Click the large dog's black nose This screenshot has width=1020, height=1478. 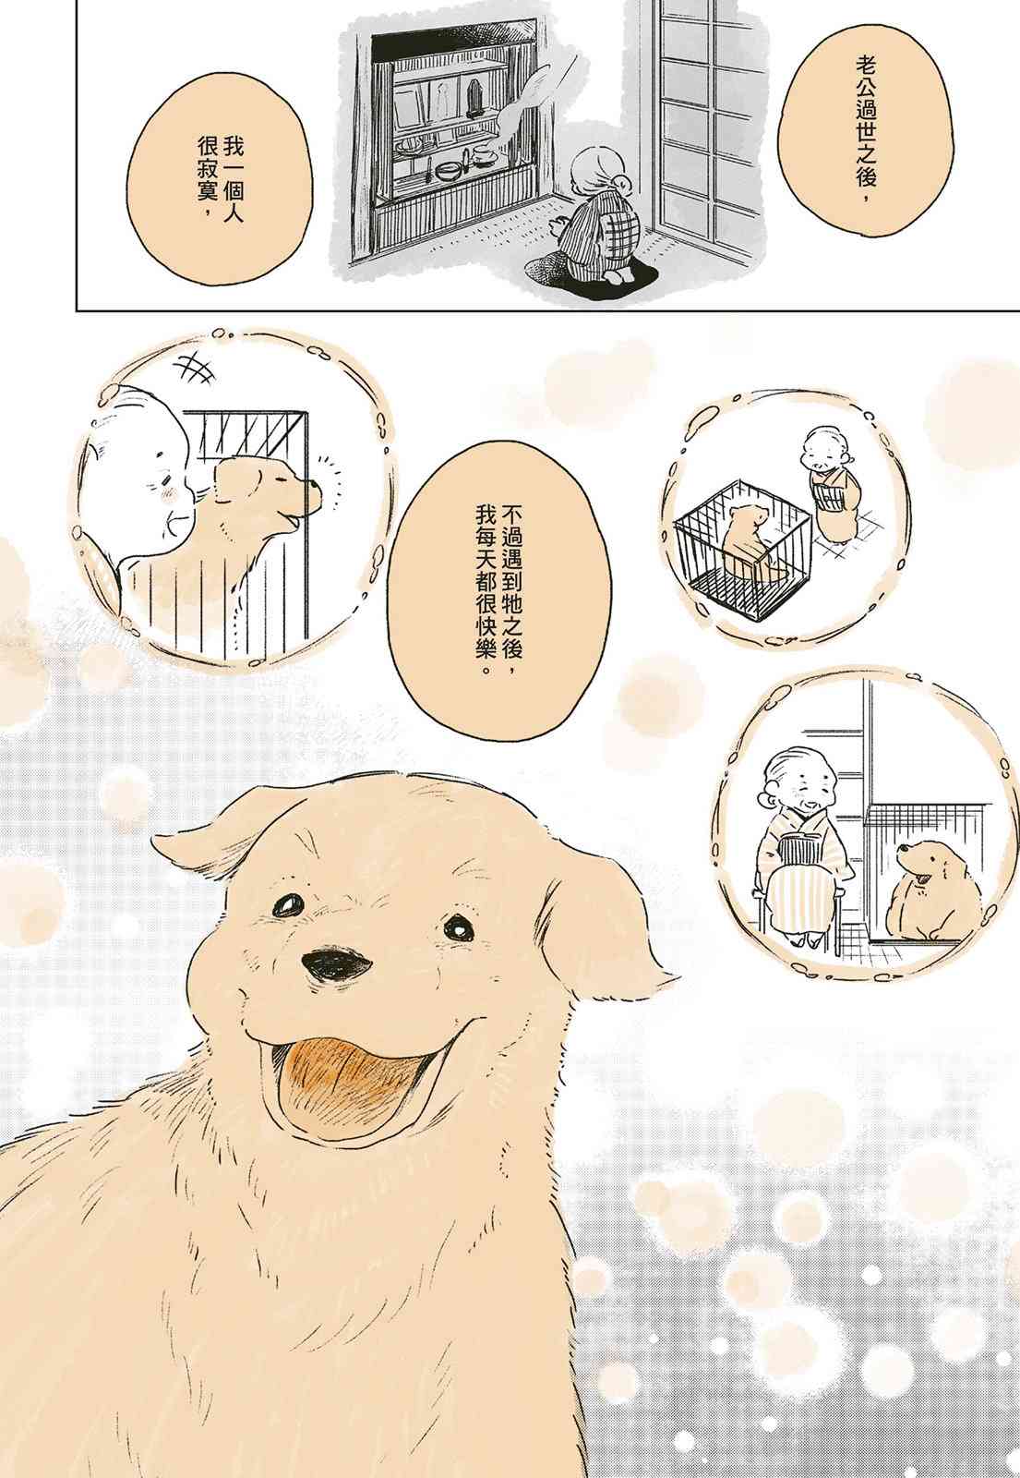[336, 965]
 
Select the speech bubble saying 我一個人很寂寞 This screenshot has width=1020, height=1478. [220, 179]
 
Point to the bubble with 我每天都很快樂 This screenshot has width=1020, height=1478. [498, 590]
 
